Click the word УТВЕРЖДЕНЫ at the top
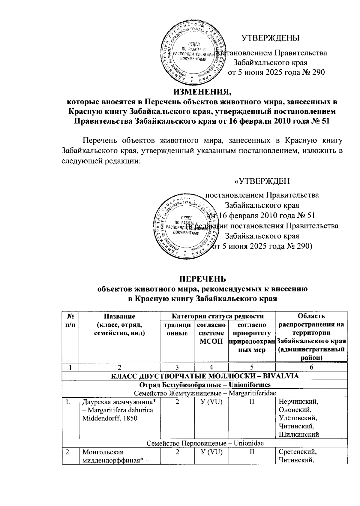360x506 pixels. [271, 38]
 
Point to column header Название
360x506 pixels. [119, 316]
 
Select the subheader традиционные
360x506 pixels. [177, 329]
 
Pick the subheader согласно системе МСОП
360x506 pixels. [211, 333]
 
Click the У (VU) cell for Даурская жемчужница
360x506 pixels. [211, 402]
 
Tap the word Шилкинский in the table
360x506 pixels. [298, 434]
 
